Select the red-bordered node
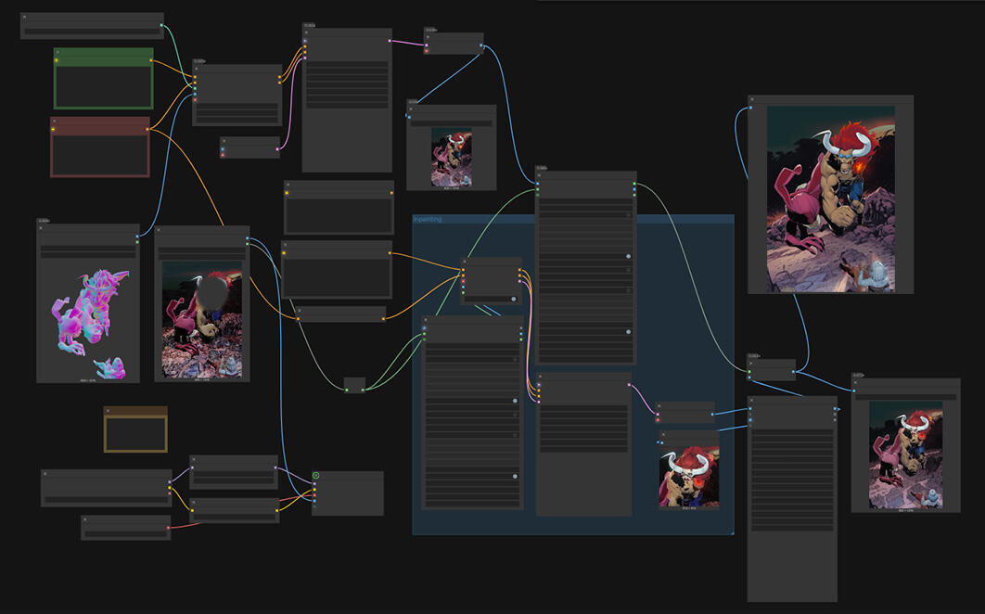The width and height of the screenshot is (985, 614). click(x=99, y=153)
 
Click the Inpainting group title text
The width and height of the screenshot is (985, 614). click(x=428, y=220)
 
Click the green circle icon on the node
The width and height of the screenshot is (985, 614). click(x=316, y=476)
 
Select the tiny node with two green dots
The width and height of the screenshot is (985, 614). click(x=354, y=385)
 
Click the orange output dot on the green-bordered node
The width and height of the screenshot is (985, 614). click(x=150, y=61)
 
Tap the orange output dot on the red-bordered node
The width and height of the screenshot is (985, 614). click(x=147, y=130)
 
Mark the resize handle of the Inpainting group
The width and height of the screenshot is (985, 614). click(x=731, y=531)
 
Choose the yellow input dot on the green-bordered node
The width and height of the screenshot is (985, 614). click(x=57, y=61)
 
